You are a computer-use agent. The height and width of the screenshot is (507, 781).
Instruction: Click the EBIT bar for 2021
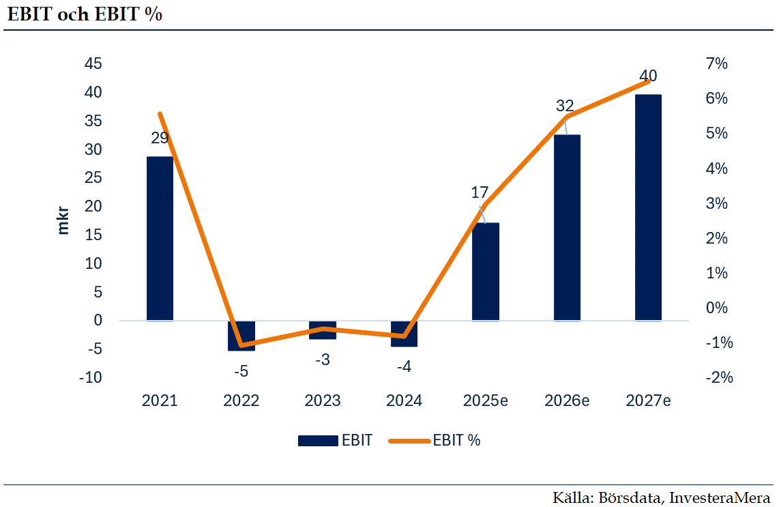click(x=160, y=238)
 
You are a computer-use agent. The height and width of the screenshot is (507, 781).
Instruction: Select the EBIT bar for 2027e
click(x=648, y=207)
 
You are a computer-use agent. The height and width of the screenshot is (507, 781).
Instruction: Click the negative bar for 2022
click(x=241, y=336)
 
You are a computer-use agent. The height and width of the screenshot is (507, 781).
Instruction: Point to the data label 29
click(x=160, y=138)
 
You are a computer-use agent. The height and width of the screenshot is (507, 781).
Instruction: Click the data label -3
click(x=322, y=360)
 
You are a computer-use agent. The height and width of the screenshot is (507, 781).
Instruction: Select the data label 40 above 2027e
click(x=648, y=76)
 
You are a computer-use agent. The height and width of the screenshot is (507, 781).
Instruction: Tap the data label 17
click(x=480, y=192)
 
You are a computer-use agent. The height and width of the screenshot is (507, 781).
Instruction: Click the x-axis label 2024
click(x=404, y=401)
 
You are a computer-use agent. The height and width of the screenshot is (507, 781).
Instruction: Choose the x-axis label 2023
click(x=322, y=401)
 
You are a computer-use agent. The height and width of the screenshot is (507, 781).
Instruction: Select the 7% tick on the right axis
click(x=717, y=64)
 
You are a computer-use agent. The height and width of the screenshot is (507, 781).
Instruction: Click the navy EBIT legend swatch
click(x=318, y=441)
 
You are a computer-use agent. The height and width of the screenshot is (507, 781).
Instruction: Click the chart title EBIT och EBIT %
click(x=84, y=14)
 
